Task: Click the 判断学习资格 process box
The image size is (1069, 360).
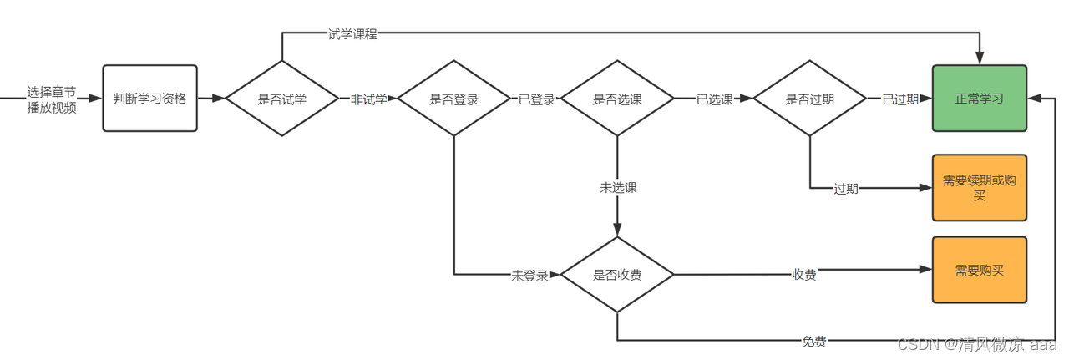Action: [149, 99]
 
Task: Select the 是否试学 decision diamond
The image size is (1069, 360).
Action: [282, 99]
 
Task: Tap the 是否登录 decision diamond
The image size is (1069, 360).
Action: [453, 99]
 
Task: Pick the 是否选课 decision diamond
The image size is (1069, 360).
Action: [617, 99]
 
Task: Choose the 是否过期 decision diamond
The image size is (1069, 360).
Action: [809, 99]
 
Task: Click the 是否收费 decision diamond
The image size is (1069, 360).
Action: [617, 275]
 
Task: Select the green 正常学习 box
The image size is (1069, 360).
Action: [979, 99]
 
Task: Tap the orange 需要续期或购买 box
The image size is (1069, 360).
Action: [979, 188]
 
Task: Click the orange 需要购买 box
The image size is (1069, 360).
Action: [979, 270]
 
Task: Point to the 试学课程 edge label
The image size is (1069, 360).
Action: [352, 34]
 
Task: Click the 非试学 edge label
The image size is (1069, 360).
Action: [368, 99]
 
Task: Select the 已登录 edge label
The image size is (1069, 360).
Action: [536, 99]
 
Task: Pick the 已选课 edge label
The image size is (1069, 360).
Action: [715, 99]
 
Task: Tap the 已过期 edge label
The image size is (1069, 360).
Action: [900, 99]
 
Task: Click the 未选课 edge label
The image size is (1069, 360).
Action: [618, 188]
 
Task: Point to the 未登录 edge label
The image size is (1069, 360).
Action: [529, 276]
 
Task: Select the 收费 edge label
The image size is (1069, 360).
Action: [803, 275]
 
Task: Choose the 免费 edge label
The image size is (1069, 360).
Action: [815, 341]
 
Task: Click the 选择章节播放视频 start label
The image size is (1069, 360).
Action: [52, 99]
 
